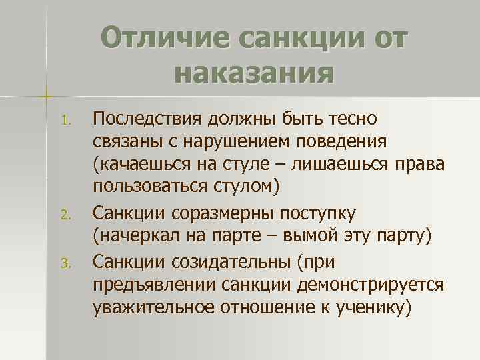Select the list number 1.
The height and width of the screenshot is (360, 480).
coord(64,121)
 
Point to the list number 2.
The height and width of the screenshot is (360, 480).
coord(64,215)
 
